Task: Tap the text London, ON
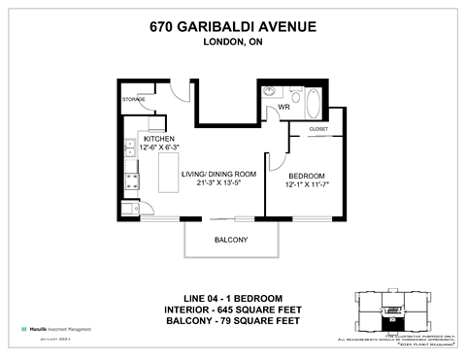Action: (x=233, y=43)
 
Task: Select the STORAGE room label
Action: (x=134, y=99)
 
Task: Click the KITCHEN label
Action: (x=159, y=139)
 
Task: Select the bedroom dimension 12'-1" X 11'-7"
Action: (x=307, y=183)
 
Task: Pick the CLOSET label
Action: (x=318, y=128)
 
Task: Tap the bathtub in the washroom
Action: (x=316, y=101)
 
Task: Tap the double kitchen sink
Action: (x=128, y=149)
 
